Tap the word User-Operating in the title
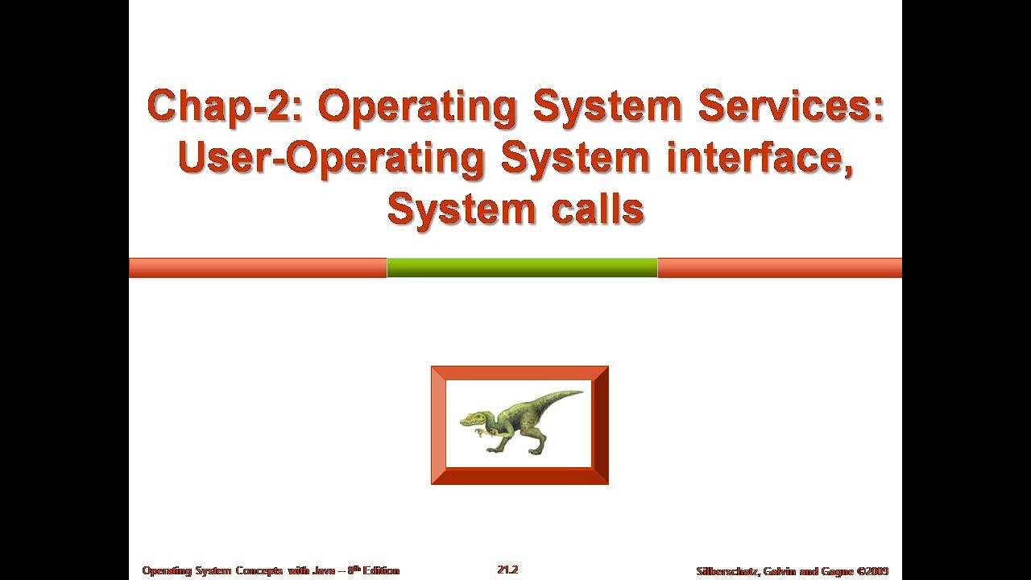coord(330,159)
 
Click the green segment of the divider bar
coord(522,267)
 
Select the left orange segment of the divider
coord(258,267)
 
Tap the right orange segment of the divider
coord(780,267)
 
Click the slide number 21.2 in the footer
coord(507,570)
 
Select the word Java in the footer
coord(324,570)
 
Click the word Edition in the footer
coord(380,570)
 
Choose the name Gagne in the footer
coord(836,570)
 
